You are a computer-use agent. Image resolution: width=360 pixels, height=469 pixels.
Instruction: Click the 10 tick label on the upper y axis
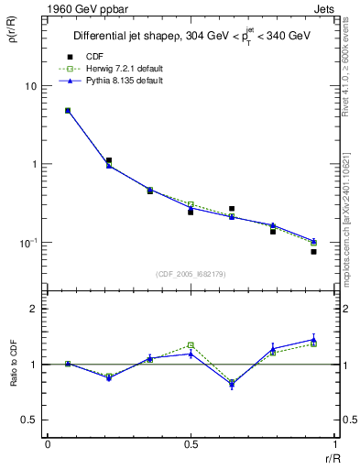pyautogui.click(x=30, y=86)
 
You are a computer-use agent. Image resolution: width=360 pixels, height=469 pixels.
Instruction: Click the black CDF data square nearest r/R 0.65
pyautogui.click(x=232, y=209)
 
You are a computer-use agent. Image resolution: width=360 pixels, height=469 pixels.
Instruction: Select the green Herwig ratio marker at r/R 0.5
pyautogui.click(x=191, y=345)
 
